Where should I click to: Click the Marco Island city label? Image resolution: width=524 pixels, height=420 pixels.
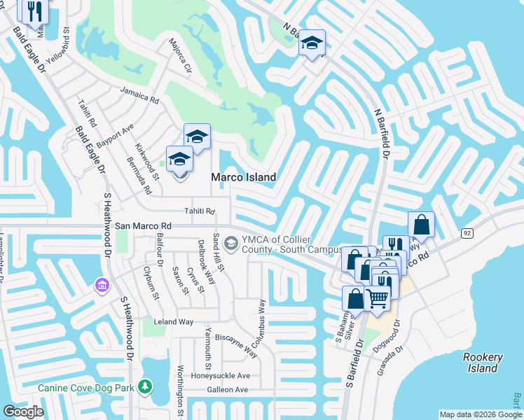(x=244, y=178)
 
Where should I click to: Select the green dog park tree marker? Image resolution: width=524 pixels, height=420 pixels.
(x=145, y=386)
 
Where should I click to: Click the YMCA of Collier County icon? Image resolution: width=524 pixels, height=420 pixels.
(x=231, y=242)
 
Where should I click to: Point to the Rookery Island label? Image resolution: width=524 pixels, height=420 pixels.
(x=483, y=363)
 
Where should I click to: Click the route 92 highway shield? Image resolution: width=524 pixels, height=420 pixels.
(x=467, y=232)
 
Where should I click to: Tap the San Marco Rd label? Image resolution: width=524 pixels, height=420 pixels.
(x=144, y=226)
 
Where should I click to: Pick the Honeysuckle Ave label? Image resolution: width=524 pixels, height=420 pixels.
(x=221, y=376)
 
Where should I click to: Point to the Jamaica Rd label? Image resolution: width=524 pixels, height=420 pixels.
(x=139, y=95)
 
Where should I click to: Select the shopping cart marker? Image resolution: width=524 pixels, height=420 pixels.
(x=378, y=298)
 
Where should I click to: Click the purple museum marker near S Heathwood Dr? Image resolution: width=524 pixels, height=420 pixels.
(x=102, y=286)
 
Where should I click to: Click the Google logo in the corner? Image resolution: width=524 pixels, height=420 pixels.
(x=23, y=412)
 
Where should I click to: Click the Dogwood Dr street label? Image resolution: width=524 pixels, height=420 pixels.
(x=397, y=335)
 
